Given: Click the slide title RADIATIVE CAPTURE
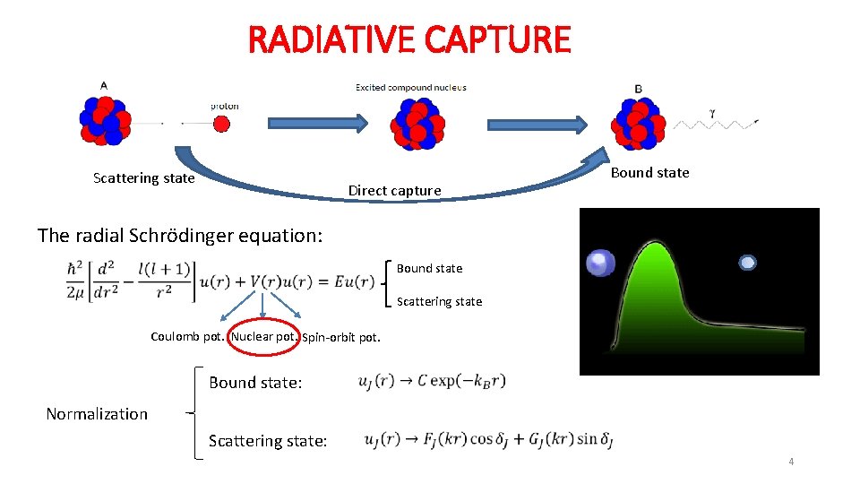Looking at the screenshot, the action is (408, 39).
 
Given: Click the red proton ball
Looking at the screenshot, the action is (221, 124).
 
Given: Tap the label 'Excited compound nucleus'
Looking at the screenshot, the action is (411, 88).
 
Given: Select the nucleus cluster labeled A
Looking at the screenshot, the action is (106, 120).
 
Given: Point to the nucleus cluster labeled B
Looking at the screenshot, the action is (639, 120).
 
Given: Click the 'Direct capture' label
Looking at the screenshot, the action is (394, 190).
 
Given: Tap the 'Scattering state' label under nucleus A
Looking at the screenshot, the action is (143, 178).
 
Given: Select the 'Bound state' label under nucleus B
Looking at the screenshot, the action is (649, 173).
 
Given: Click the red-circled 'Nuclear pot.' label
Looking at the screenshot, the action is (263, 337).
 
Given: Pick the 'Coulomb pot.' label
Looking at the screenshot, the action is (187, 337).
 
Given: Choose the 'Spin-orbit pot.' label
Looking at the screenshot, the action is (341, 338).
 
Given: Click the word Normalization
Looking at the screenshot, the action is (97, 413).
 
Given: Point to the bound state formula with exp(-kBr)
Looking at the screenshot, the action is (432, 381).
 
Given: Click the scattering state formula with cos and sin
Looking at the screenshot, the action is (489, 440).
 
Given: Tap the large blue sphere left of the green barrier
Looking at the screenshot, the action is (600, 263).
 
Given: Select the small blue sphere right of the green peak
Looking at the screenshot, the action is (747, 263).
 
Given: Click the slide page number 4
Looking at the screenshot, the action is (791, 462).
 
